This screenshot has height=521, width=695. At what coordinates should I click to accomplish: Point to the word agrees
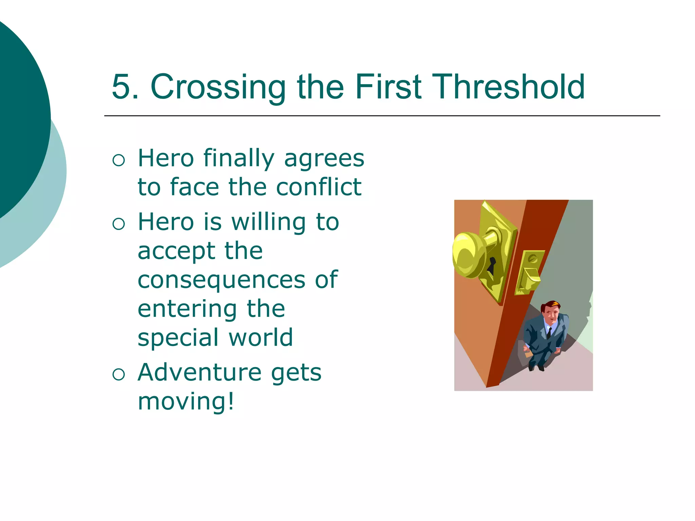coord(324,159)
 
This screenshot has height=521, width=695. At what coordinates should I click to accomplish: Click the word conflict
coord(319,187)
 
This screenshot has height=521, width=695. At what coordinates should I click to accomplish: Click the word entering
coord(187,310)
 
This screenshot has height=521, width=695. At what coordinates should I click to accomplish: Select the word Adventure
coord(200,372)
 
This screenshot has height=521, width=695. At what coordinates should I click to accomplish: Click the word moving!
coord(186,401)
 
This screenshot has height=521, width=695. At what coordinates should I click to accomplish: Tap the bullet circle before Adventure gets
coord(119,374)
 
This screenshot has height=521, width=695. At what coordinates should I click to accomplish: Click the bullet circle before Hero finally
coord(119,160)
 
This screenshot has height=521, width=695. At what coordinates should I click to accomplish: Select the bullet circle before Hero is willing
coord(119,224)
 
